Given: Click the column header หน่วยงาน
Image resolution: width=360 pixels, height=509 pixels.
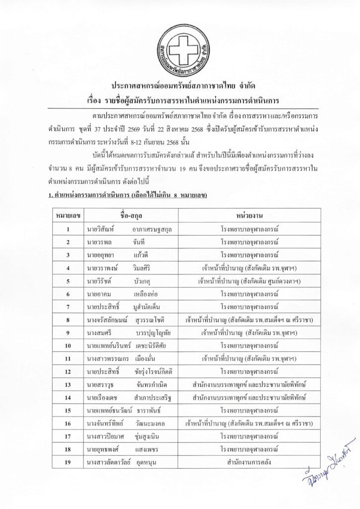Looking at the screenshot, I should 249,216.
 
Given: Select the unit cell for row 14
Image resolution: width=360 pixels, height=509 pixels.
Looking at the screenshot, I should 249,398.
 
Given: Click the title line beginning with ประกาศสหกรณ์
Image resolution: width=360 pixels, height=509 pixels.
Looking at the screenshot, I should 180,85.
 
